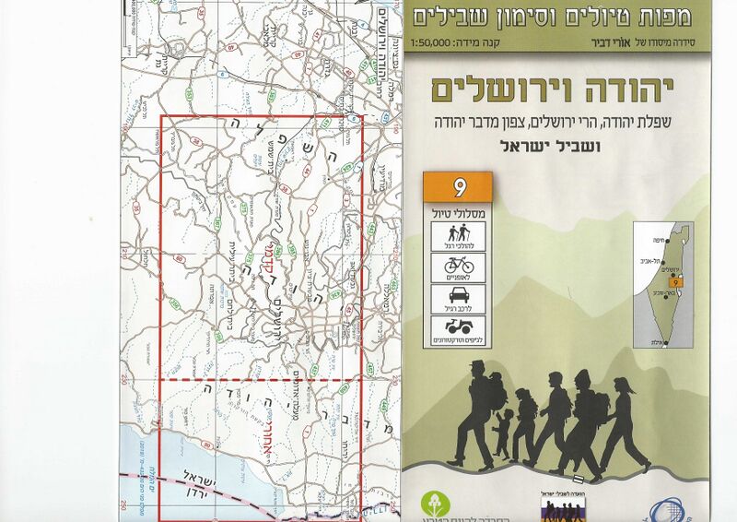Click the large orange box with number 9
[459, 188]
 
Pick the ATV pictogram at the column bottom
[458, 330]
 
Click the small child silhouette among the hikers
[501, 433]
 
